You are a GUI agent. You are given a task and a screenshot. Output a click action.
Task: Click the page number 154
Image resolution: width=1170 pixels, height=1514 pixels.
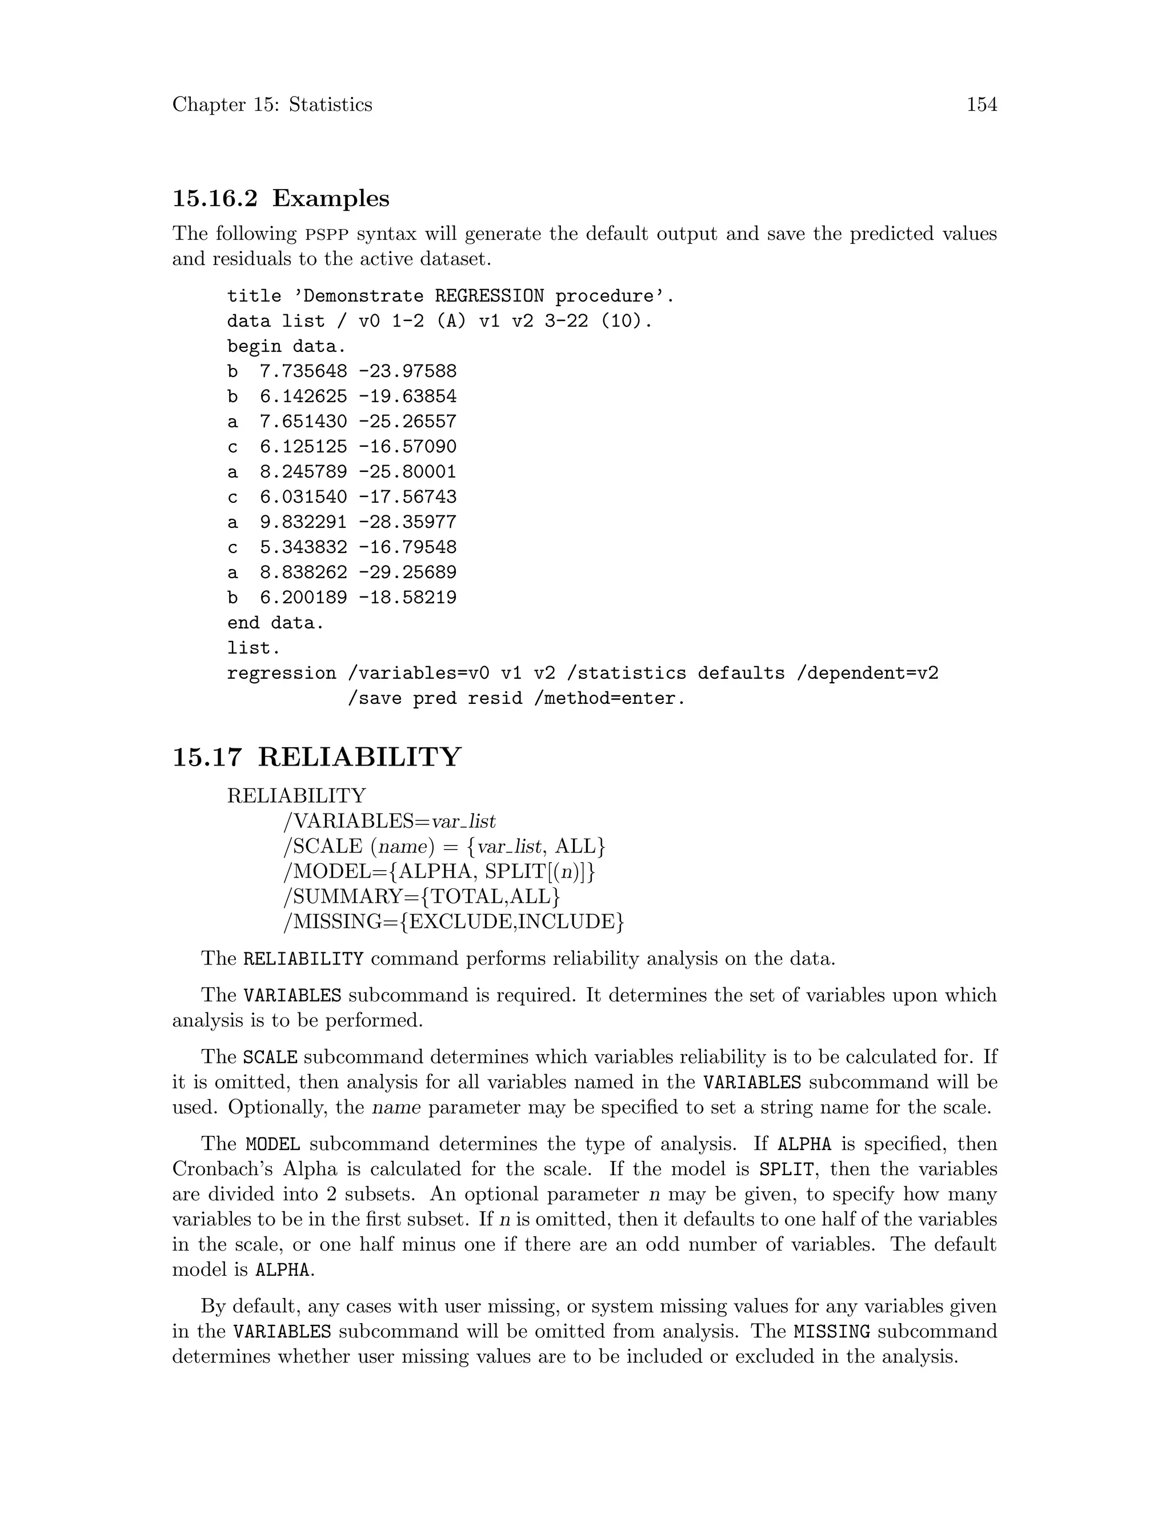[x=981, y=105]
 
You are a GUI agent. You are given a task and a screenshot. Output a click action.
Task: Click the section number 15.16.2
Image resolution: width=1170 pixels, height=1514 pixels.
[x=214, y=198]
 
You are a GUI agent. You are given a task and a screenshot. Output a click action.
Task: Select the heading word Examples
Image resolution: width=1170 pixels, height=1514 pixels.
[x=331, y=198]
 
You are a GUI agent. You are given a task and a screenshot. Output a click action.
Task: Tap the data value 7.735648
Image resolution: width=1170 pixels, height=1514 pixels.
[x=303, y=371]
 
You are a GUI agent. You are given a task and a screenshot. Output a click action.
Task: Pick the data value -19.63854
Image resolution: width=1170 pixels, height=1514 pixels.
[x=407, y=396]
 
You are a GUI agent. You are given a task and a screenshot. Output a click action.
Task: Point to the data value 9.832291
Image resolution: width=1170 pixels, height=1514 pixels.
[x=303, y=522]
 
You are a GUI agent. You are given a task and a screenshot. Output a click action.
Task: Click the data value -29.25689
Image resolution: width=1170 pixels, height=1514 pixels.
[x=407, y=572]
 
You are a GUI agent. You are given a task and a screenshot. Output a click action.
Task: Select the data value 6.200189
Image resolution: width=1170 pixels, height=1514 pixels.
[x=303, y=598]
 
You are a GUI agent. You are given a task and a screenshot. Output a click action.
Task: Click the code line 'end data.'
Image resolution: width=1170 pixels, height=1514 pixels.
[x=275, y=623]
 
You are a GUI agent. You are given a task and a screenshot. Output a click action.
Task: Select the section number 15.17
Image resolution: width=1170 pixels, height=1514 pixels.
[x=207, y=756]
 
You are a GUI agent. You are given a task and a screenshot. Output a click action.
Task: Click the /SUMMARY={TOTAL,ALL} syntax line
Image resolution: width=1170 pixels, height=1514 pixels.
[x=422, y=896]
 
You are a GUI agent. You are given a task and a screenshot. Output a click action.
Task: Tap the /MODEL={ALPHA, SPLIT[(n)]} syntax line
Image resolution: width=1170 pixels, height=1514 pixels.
[x=439, y=871]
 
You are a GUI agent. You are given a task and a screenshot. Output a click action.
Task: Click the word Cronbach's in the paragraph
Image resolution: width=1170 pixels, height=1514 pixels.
[x=222, y=1169]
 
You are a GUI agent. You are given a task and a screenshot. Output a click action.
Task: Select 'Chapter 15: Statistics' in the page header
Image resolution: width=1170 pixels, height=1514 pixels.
[x=272, y=105]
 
